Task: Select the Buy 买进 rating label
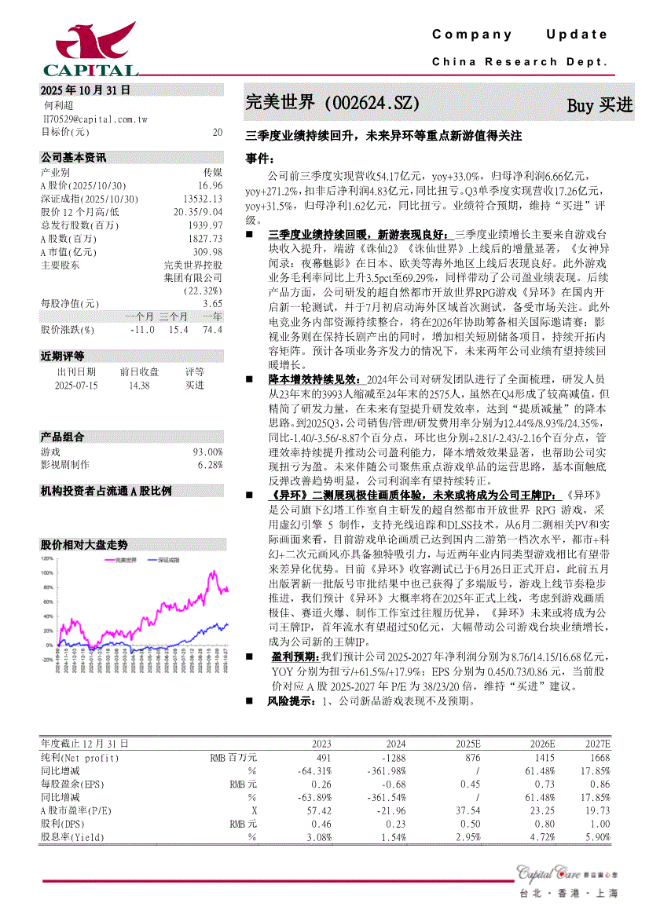tap(599, 105)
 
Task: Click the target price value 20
tap(217, 132)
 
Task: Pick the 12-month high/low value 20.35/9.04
tap(198, 212)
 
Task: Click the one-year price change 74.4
tap(212, 330)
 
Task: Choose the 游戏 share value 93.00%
tap(207, 452)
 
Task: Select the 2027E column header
tap(597, 743)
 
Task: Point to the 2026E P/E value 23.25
tap(541, 809)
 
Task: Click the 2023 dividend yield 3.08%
tap(317, 837)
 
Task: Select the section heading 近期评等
tap(63, 357)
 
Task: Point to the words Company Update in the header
tap(519, 35)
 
